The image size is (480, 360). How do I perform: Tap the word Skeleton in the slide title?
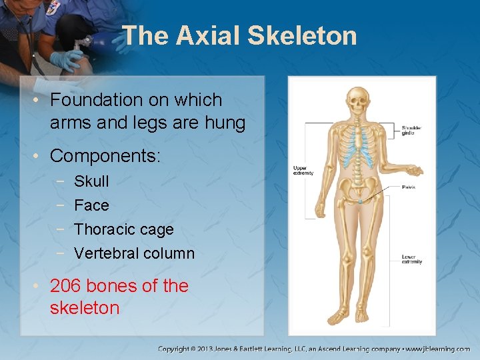[302, 36]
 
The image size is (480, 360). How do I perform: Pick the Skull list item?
[91, 181]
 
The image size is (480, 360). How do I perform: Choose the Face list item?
[91, 205]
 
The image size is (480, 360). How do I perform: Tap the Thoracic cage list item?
[123, 229]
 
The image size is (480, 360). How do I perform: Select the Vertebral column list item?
[134, 253]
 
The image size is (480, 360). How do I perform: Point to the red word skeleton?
[85, 308]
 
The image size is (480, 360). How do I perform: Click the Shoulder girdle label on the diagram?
[411, 131]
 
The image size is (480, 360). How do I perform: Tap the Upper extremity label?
[303, 171]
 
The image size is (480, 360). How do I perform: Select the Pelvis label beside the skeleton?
[408, 187]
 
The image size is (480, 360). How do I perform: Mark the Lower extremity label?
[411, 259]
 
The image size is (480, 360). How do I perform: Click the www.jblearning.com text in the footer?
[441, 349]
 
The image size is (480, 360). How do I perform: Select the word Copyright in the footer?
[175, 349]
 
